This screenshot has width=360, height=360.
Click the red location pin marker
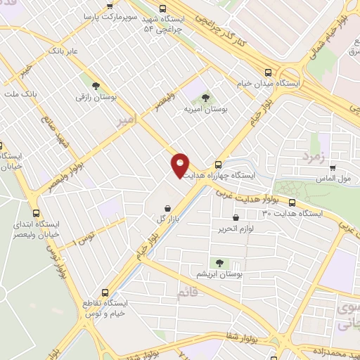pos(180,165)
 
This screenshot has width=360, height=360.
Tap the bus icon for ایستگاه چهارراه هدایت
pos(218,165)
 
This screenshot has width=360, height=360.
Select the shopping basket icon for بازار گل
pos(167,208)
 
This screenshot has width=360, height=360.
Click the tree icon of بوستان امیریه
pos(205,98)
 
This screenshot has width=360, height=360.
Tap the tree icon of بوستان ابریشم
pos(219,263)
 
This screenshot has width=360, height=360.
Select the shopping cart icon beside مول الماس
pos(332,168)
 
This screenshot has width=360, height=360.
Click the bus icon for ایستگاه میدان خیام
pos(267,72)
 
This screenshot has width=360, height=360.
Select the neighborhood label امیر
pos(131,121)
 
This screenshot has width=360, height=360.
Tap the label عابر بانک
pos(63,51)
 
